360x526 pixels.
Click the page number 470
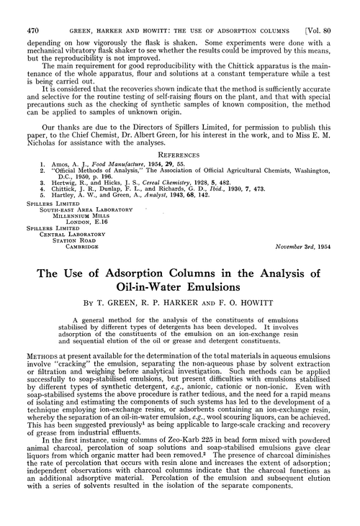31,11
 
